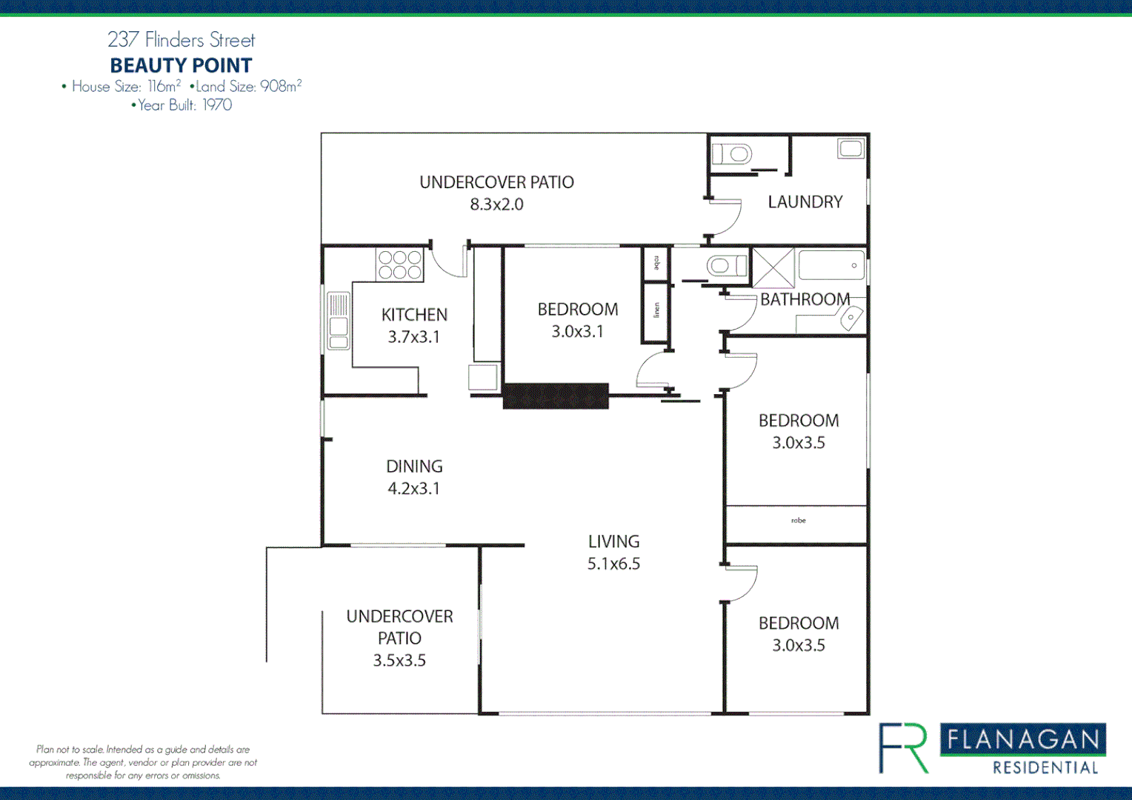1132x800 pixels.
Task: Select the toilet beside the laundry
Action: coord(732,154)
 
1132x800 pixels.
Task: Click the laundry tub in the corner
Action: coord(850,149)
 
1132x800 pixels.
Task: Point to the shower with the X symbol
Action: coord(773,267)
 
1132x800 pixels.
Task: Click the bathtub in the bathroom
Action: coord(831,265)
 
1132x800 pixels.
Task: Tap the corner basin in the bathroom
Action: coord(850,319)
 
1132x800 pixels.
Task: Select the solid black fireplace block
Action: coord(556,396)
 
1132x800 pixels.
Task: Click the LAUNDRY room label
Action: coord(805,202)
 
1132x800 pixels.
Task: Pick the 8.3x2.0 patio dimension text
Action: coord(496,204)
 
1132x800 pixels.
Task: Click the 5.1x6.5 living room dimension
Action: coord(613,564)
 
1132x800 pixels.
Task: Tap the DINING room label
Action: coord(414,467)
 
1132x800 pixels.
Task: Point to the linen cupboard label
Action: coord(656,310)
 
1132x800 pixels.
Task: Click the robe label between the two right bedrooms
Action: coord(798,521)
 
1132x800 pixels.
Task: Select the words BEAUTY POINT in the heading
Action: coord(181,66)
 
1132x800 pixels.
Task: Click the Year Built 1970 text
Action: coord(182,105)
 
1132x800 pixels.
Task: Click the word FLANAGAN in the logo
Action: coord(1023,740)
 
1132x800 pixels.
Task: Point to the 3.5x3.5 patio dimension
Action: coord(399,661)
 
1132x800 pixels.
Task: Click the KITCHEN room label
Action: coord(414,315)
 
